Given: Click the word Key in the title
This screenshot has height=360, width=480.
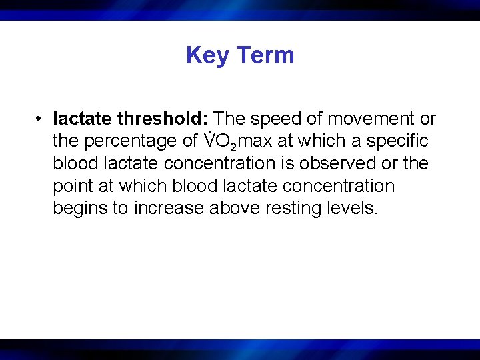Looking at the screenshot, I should [207, 55].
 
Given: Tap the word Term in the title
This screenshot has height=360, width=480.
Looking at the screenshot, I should [265, 55].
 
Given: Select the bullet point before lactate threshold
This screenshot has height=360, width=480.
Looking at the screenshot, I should [41, 119].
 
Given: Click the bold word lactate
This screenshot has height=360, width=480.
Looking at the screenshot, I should [83, 119].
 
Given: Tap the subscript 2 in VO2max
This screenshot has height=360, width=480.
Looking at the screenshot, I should [233, 146].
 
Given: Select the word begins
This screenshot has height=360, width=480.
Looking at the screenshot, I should [80, 209].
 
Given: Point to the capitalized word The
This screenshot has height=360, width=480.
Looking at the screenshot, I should [231, 119].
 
